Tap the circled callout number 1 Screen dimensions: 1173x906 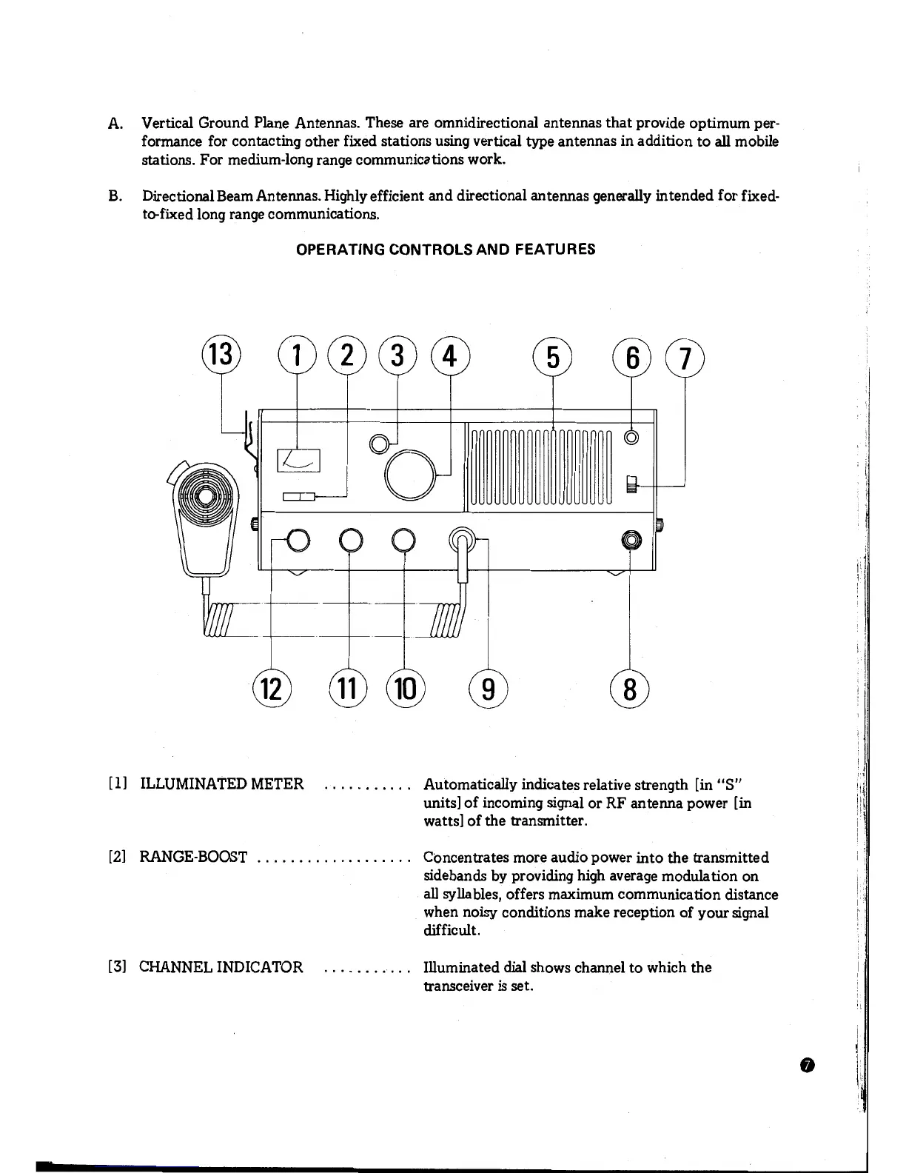tap(297, 355)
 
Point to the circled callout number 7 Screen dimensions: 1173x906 tap(685, 357)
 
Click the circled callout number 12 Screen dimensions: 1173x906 tap(272, 688)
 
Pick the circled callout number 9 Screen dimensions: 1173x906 tap(488, 689)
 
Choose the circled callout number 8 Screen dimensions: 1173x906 tap(629, 689)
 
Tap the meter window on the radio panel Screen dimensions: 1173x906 tap(299, 461)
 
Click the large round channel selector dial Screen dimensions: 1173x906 tap(410, 475)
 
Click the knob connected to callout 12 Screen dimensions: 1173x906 tap(298, 541)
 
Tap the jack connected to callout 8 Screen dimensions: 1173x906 tap(631, 541)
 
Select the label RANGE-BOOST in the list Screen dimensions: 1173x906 tap(193, 858)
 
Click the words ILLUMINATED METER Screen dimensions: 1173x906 tap(222, 784)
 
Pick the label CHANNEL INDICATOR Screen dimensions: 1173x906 tap(221, 967)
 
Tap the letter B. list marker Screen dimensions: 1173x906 tap(114, 196)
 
